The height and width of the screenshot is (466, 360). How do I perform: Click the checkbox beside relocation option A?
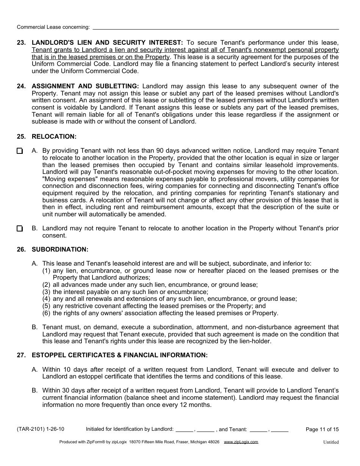(x=20, y=151)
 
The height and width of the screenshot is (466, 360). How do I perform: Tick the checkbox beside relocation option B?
(x=20, y=228)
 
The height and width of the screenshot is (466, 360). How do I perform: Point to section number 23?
(x=21, y=43)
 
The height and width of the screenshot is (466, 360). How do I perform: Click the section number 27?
(x=21, y=355)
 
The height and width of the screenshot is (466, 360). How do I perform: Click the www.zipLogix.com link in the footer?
(x=241, y=442)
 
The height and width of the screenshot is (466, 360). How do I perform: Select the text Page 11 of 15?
(x=322, y=429)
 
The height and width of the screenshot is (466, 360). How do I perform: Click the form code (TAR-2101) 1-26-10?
(x=41, y=429)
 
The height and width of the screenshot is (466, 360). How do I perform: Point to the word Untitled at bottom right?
(x=331, y=442)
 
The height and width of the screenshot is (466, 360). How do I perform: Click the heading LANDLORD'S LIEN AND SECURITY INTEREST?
(x=107, y=43)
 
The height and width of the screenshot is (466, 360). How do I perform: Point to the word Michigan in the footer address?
(x=195, y=442)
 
